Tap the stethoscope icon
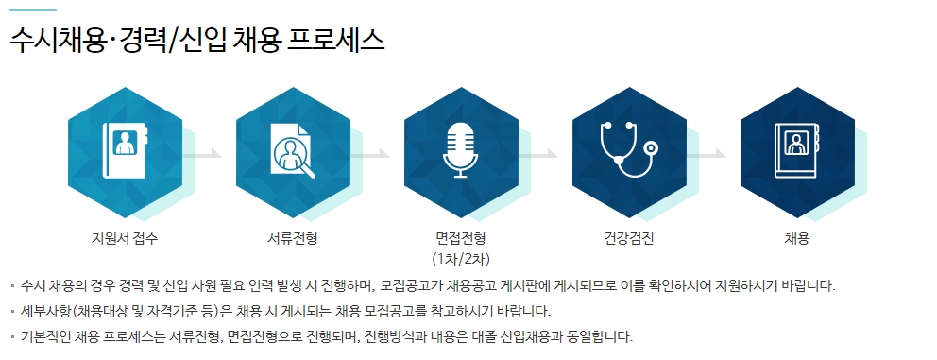pos(628,149)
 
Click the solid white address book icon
pos(125,150)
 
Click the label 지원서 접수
pos(125,239)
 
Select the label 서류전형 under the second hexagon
pos(292,239)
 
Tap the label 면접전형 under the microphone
pos(461,239)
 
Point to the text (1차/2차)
pos(461,259)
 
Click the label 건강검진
pos(629,239)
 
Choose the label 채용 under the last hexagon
pos(796,239)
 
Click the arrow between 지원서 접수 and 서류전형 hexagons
pos(202,154)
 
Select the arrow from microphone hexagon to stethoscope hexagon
pos(538,154)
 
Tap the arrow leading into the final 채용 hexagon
pos(707,154)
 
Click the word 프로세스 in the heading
pos(336,40)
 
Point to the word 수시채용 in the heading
pos(58,40)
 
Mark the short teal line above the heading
pos(33,10)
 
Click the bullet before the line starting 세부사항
pos(12,312)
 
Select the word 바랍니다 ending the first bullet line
pos(810,286)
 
